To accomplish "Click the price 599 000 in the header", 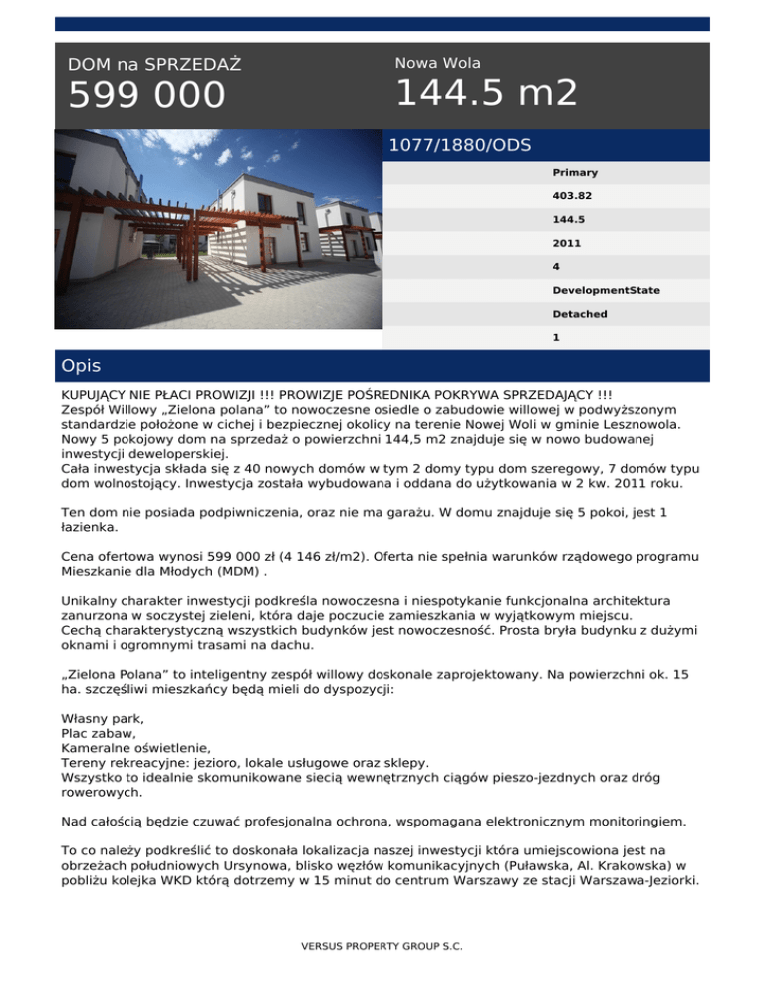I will [x=146, y=97].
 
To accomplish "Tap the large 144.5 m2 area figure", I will [x=486, y=93].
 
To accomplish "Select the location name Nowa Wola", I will [x=437, y=63].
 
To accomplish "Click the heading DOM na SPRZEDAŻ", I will [x=154, y=65].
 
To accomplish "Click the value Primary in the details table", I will [x=575, y=173].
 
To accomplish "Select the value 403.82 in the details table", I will [x=571, y=196].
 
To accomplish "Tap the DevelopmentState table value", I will [x=606, y=290].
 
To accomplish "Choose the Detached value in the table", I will [x=579, y=314].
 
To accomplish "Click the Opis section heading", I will [x=81, y=366].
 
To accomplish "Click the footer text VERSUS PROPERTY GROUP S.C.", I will [x=382, y=945].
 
